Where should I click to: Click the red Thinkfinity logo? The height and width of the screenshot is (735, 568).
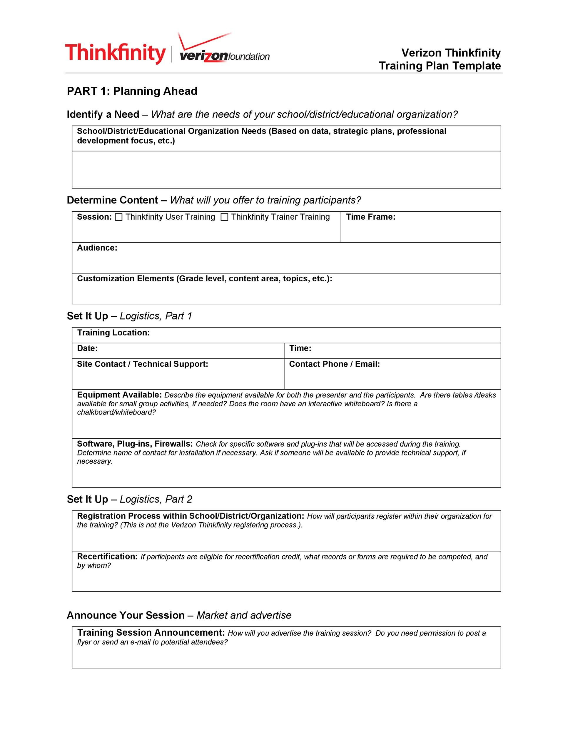tap(116, 53)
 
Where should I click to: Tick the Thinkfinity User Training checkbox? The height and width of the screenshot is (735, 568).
tap(118, 217)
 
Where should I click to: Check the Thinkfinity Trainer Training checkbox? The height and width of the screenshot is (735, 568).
tap(224, 217)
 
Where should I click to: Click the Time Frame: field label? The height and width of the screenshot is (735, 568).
tap(370, 217)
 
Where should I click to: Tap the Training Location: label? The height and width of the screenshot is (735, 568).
tap(113, 333)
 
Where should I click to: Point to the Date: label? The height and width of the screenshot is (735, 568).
tap(87, 348)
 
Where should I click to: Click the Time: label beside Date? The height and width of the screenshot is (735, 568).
tap(300, 348)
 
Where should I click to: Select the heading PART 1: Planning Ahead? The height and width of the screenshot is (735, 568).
tap(132, 91)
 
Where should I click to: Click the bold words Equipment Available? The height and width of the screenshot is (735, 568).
tap(119, 395)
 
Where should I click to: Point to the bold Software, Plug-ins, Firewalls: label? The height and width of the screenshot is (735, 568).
tap(135, 444)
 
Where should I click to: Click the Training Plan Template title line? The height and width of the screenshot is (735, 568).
tap(440, 66)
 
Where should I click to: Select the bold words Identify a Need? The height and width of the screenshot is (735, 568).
tap(103, 114)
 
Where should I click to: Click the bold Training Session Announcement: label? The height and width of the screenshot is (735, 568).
tap(151, 633)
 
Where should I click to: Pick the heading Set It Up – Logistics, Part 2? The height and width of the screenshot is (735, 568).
tap(129, 500)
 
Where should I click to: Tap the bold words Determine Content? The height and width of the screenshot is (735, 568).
tap(112, 200)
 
